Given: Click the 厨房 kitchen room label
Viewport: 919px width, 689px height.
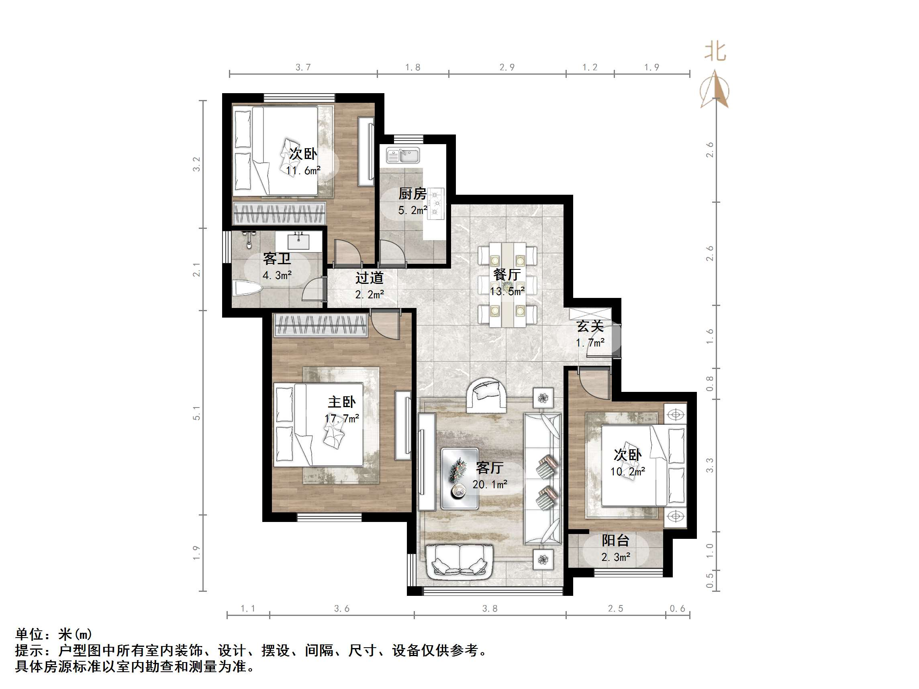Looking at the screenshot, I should pyautogui.click(x=412, y=194).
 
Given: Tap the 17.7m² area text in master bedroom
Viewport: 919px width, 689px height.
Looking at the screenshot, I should pyautogui.click(x=341, y=418).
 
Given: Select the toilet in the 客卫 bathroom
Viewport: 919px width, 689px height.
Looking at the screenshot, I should pyautogui.click(x=247, y=288).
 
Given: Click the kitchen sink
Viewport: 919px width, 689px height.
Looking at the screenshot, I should pyautogui.click(x=403, y=156).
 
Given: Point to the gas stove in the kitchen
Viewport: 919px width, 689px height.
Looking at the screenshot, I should pyautogui.click(x=436, y=203).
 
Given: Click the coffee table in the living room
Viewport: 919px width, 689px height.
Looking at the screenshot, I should pyautogui.click(x=459, y=479).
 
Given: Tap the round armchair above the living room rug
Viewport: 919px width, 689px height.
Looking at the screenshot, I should pyautogui.click(x=486, y=395).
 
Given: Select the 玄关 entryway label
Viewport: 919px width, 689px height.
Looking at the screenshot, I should pyautogui.click(x=590, y=326).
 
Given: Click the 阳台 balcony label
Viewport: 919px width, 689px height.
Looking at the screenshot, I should pyautogui.click(x=615, y=540).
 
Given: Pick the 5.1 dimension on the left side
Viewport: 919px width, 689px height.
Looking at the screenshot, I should pyautogui.click(x=196, y=413).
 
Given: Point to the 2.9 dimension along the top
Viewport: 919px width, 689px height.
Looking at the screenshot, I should pyautogui.click(x=507, y=67).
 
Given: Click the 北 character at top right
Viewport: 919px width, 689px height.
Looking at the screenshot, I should pyautogui.click(x=715, y=52).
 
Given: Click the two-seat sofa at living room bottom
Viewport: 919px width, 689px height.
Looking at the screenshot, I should pyautogui.click(x=459, y=561).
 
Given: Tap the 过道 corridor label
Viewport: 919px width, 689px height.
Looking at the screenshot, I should pyautogui.click(x=369, y=277).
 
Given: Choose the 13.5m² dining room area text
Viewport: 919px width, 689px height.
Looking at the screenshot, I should pyautogui.click(x=507, y=291).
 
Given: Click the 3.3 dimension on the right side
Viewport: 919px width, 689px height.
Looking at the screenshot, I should pyautogui.click(x=710, y=465).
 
